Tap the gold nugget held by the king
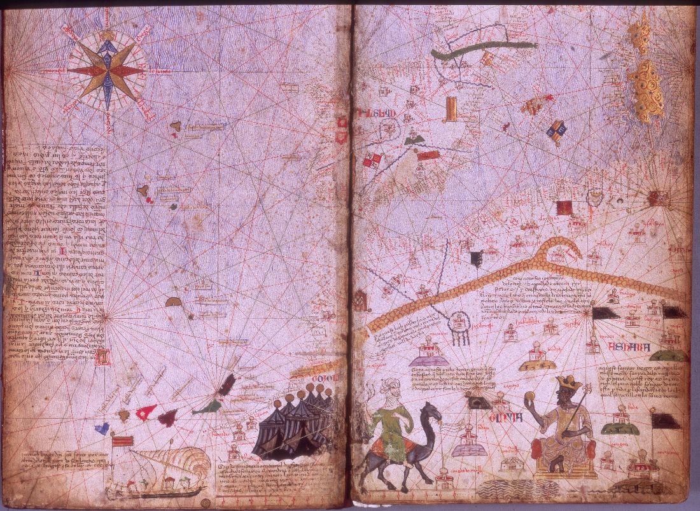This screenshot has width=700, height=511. pos(528,396)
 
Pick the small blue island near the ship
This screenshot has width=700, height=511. pos(102,428)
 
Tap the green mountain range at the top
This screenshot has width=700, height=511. pos(484,50)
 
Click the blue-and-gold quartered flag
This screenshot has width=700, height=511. pos(556,130)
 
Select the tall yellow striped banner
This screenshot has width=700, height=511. pos(451,108)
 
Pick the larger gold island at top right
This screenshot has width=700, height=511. pos(646,89)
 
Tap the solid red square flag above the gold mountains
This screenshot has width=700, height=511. pos(564,208)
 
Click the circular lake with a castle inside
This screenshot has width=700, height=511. pos(458,323)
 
